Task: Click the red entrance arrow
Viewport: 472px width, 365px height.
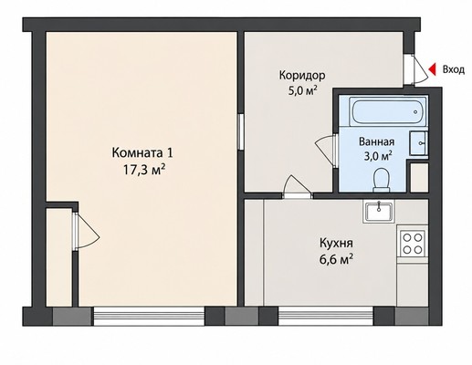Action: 432,70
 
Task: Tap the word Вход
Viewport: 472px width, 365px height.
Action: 454,70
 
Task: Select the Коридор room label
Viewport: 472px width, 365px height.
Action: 302,75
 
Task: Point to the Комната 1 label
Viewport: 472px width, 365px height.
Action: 142,152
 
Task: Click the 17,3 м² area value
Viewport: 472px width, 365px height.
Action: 144,170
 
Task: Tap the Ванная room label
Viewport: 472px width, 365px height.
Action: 377,141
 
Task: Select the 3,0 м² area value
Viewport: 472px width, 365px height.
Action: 378,156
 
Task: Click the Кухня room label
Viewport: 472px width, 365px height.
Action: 336,244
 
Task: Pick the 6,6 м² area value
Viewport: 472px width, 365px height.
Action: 336,260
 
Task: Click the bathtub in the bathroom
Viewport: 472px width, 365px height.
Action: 388,111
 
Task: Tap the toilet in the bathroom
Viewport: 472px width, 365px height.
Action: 382,181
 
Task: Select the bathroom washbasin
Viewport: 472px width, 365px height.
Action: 418,143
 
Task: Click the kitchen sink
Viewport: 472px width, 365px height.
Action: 379,212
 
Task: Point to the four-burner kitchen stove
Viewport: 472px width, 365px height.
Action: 413,243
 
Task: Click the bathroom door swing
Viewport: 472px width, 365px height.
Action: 324,151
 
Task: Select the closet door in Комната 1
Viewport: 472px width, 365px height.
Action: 88,231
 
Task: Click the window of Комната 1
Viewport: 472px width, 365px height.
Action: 149,317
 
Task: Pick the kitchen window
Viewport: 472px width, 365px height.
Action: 326,317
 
